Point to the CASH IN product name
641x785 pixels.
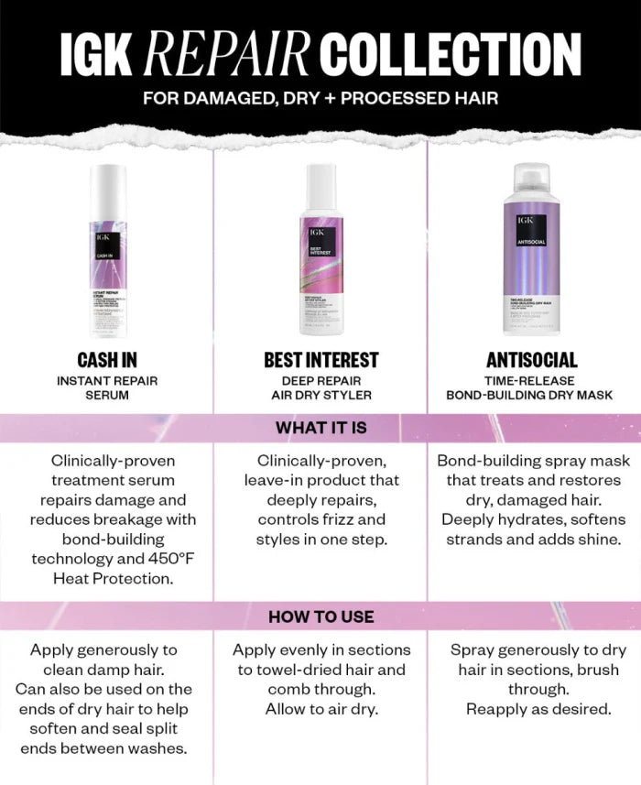[x=107, y=360]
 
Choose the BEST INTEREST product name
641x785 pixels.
[x=320, y=360]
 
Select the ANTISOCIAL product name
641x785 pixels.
[x=532, y=360]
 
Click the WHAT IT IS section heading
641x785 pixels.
[x=320, y=427]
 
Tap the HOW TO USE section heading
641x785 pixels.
[x=320, y=616]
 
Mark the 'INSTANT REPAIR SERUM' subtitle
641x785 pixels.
[x=107, y=387]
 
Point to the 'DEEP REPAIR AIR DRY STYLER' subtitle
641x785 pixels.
[x=320, y=387]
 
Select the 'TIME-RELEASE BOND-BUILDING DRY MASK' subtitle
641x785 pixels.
[x=532, y=387]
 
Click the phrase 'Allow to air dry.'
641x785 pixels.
[x=320, y=709]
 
